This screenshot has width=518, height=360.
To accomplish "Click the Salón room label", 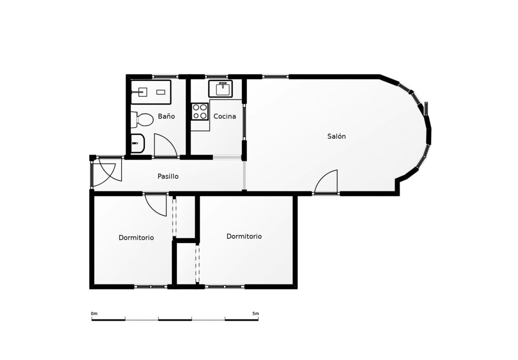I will (336, 136).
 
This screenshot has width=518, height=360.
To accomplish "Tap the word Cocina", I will (225, 116).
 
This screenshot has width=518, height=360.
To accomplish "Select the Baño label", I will (166, 116).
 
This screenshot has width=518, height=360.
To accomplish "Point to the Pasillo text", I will (168, 176).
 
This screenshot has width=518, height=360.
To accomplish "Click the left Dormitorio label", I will (136, 238).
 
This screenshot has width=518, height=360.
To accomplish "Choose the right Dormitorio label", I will (244, 237).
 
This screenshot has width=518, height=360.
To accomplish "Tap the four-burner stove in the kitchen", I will (200, 111).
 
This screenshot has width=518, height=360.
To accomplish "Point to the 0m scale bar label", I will (94, 314).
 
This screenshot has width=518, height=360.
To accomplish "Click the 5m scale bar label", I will (255, 314).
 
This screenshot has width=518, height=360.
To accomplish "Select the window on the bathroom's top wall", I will (165, 76).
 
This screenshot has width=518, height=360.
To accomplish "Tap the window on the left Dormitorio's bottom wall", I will (151, 287).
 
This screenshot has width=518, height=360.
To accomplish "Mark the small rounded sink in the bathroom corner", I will (137, 143).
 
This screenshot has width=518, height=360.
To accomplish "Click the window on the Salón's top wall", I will (276, 76).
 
